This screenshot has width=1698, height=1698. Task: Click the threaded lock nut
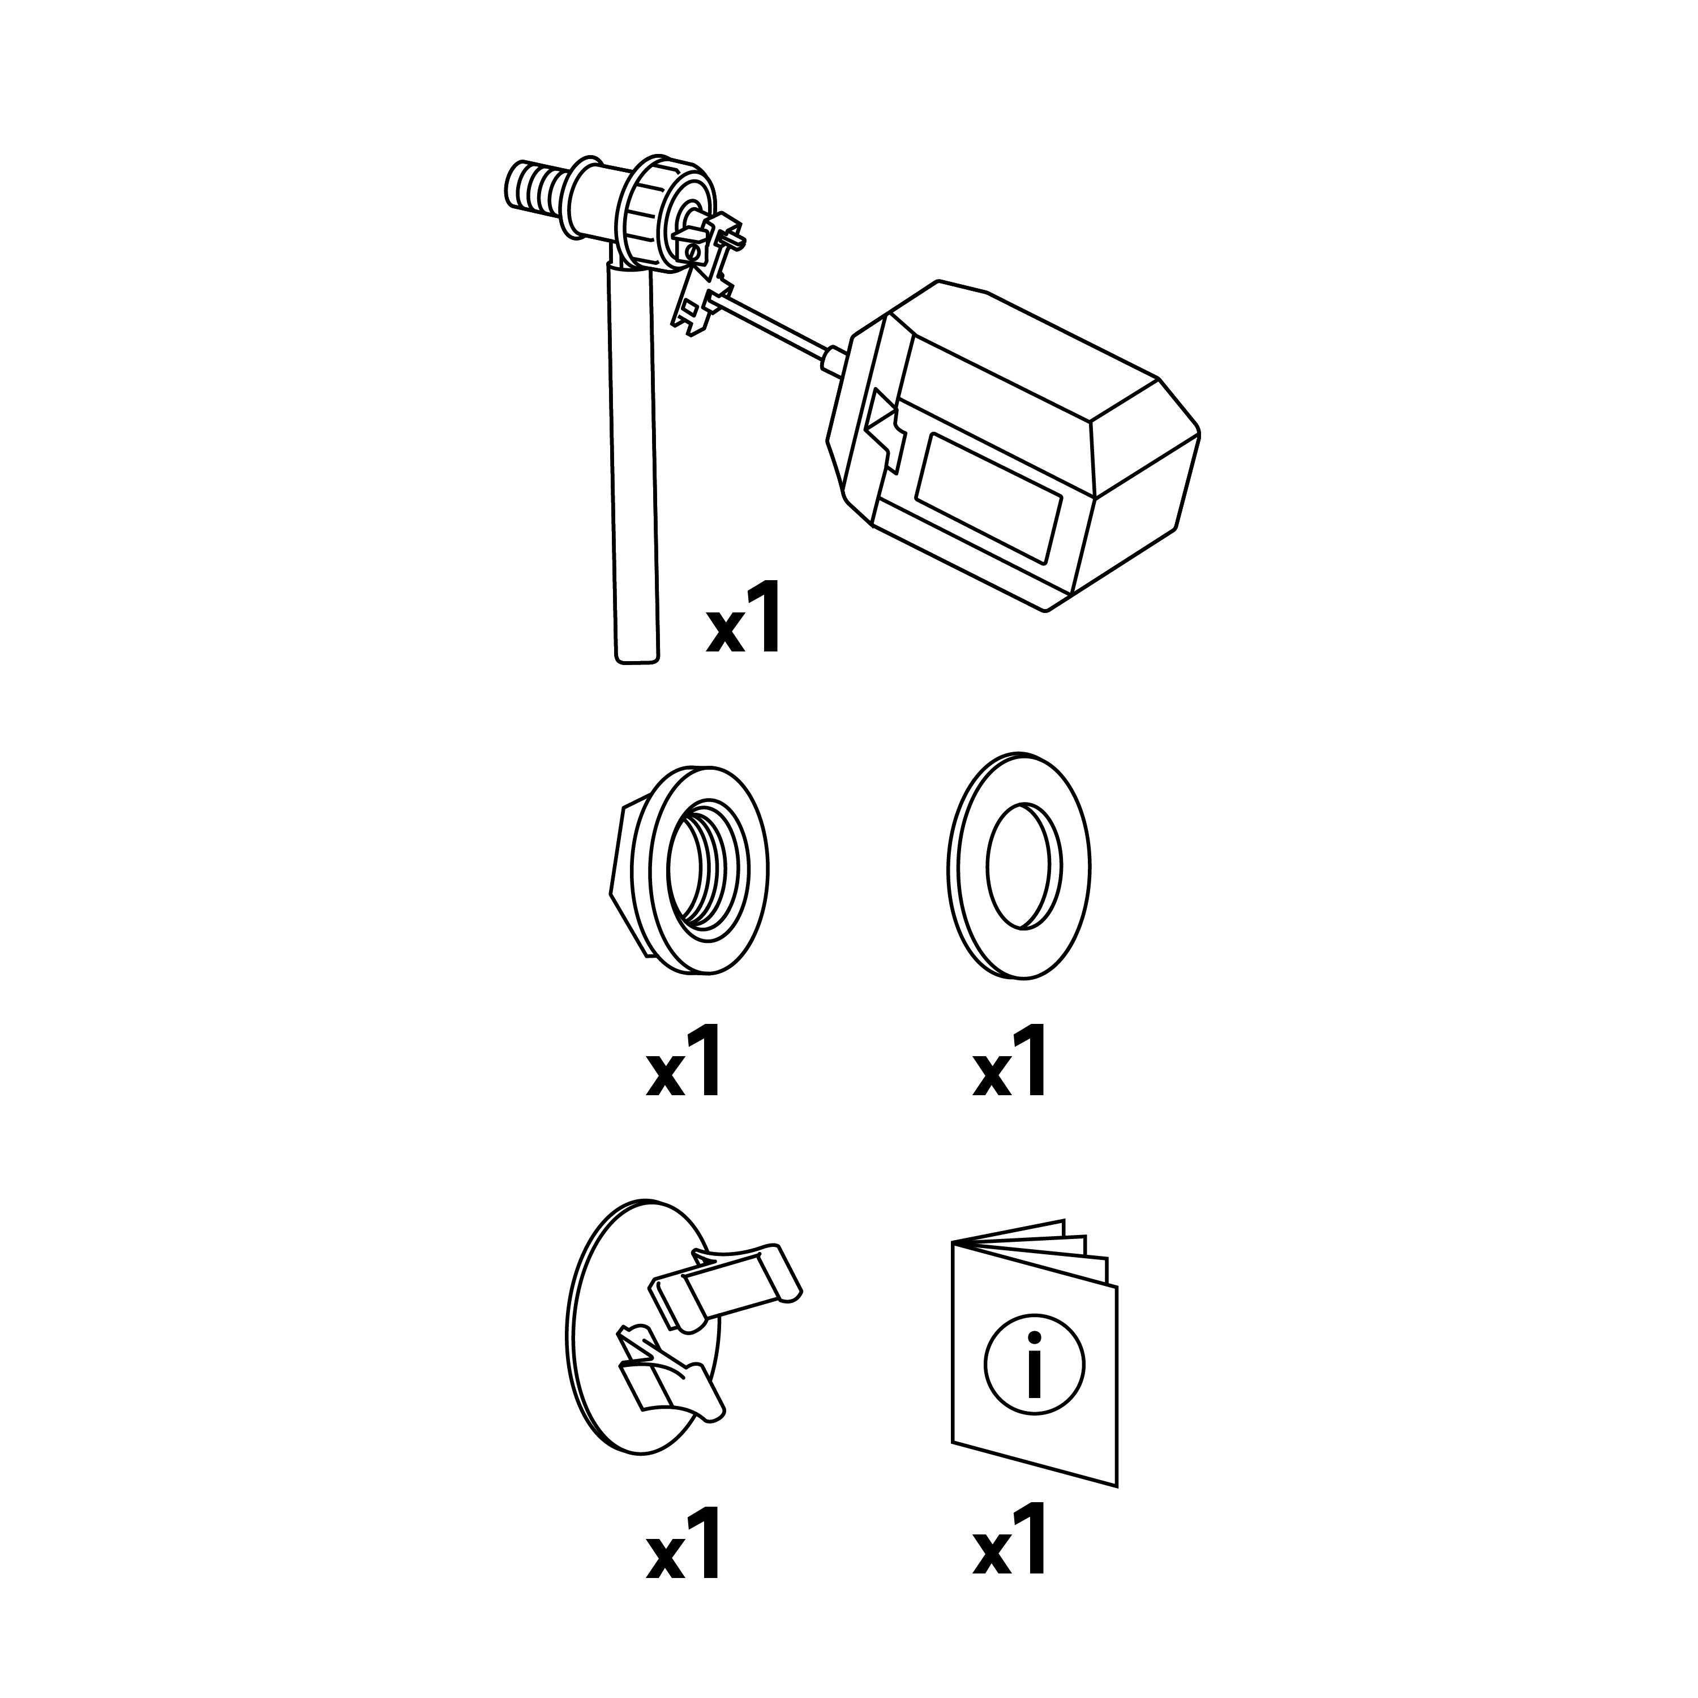point(690,869)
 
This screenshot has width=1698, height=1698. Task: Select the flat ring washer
point(1019,866)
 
